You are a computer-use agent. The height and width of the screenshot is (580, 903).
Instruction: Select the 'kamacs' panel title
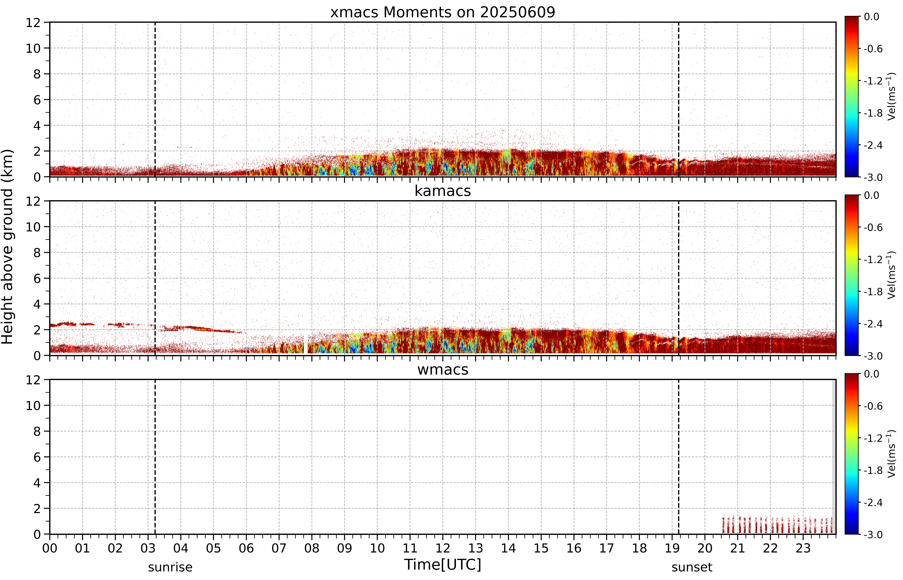coord(443,191)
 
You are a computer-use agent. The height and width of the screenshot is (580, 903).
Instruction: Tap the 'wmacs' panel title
coord(443,369)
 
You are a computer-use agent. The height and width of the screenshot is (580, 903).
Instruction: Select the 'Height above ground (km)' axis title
coord(7,247)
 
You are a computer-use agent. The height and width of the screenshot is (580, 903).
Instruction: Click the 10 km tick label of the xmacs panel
coord(33,48)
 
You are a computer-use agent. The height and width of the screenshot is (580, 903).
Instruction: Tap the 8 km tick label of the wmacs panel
coord(37,431)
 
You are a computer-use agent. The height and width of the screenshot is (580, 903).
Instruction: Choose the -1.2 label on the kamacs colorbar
coord(873,260)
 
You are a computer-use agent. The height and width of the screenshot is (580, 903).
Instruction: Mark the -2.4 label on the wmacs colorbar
coord(873,502)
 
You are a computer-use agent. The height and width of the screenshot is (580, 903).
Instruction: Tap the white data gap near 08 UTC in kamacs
coord(306,343)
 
